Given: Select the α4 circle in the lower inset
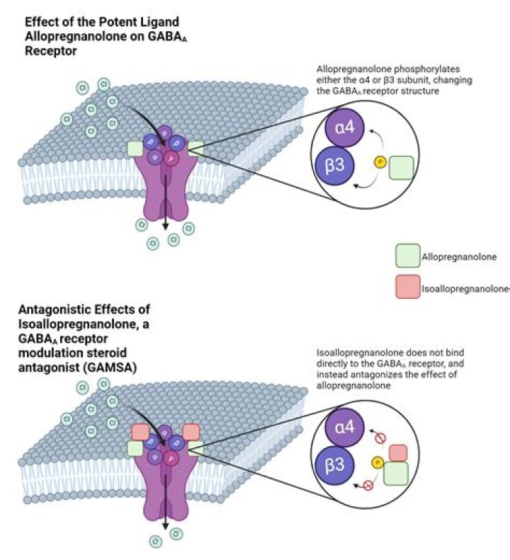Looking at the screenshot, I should (344, 428).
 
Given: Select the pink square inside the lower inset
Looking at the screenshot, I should (398, 452).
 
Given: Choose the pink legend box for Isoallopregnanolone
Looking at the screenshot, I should (407, 287).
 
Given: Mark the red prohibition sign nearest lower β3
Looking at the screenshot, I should (368, 485).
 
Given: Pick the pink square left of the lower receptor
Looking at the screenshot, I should (140, 431).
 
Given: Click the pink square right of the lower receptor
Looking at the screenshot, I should (190, 431).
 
